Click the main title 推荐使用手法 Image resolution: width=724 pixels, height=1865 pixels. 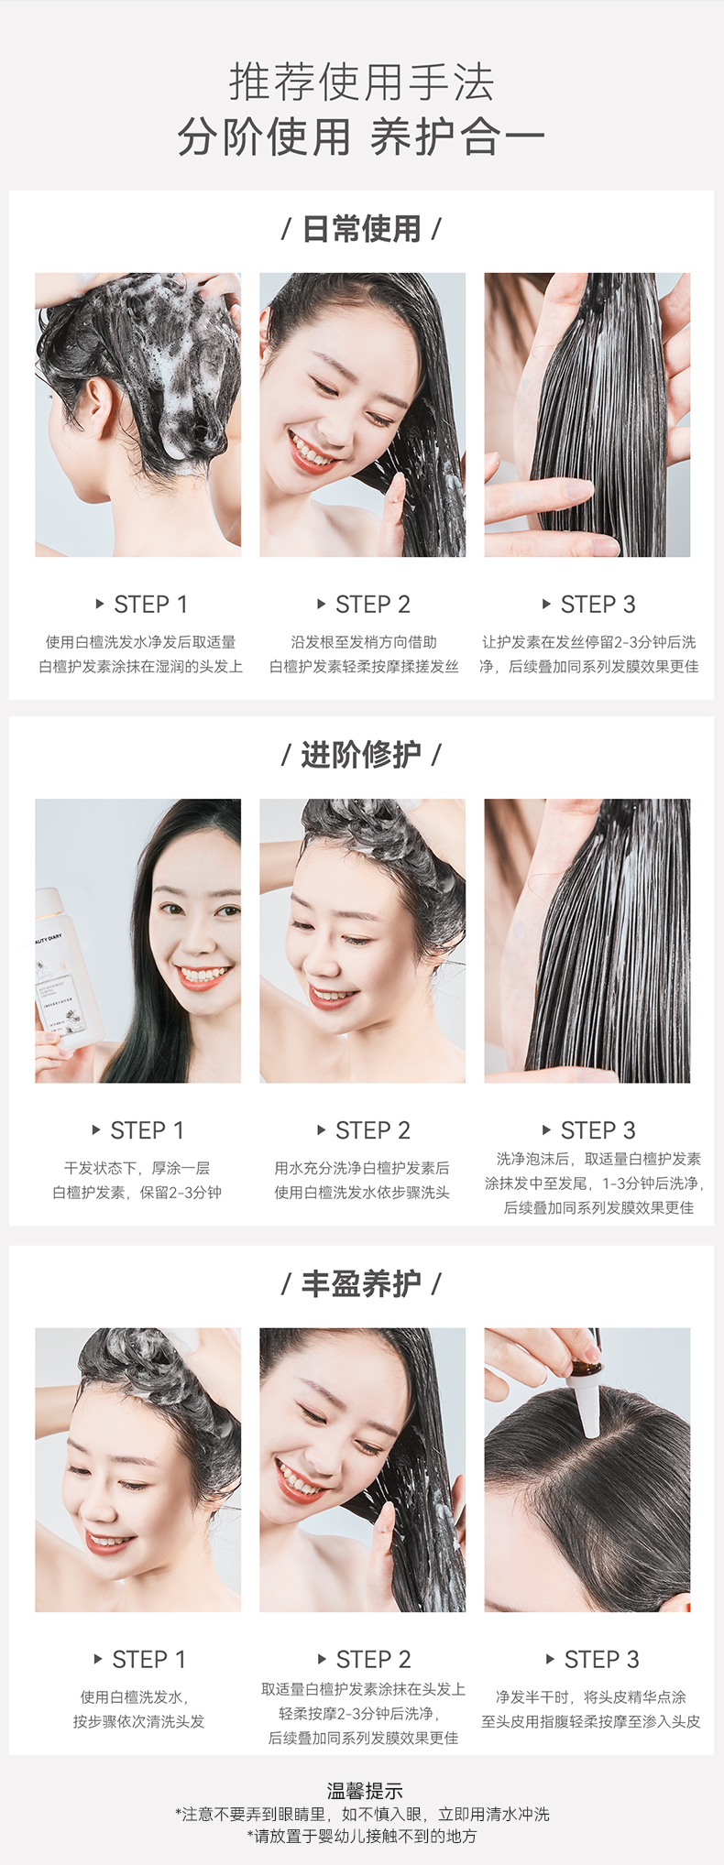point(362,82)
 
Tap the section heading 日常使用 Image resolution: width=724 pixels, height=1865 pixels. point(361,229)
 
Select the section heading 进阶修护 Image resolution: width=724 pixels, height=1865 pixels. point(361,755)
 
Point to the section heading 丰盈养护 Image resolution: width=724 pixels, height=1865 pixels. point(361,1283)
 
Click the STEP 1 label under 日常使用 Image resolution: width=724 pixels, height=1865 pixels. point(150,605)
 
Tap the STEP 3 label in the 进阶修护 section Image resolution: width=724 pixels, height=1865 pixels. point(598,1130)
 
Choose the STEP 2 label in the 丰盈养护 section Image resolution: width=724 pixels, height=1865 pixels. point(373,1659)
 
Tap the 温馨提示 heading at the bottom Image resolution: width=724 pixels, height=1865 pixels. point(365,1790)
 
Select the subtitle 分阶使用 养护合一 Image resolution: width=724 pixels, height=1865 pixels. point(361,137)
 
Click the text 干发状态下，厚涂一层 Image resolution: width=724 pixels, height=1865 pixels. point(137,1168)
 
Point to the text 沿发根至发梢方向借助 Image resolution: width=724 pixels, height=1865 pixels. point(364,642)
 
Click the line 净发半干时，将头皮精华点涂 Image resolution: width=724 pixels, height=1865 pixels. point(590,1696)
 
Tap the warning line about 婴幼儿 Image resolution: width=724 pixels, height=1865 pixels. point(362,1836)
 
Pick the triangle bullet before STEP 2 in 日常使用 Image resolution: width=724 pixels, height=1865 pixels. point(322,605)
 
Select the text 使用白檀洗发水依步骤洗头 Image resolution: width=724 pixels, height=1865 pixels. point(362,1193)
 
